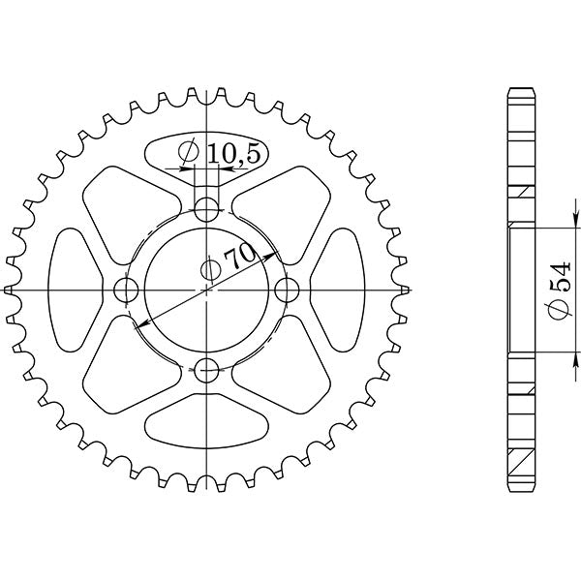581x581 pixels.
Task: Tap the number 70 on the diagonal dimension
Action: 236,257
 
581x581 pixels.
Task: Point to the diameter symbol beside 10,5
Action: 190,152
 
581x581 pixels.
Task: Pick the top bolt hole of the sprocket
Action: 206,208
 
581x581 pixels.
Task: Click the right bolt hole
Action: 286,290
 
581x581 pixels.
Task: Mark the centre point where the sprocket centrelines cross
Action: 206,290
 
